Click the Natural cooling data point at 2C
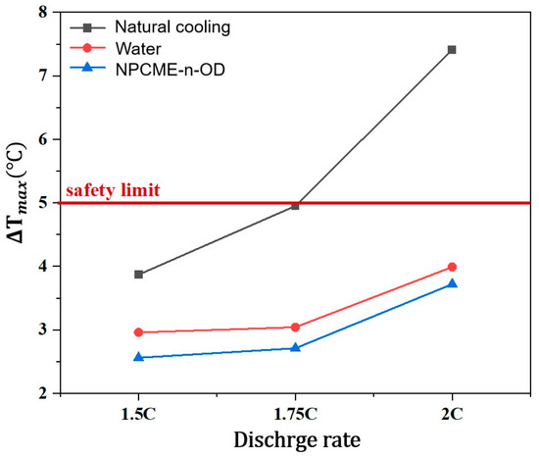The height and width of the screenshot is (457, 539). (452, 49)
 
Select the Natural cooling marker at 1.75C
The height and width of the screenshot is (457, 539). (295, 206)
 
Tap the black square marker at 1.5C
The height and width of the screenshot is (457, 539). (139, 275)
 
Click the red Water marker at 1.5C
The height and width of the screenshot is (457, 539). (139, 332)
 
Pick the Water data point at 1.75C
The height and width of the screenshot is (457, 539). (295, 328)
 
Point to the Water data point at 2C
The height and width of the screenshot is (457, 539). (452, 267)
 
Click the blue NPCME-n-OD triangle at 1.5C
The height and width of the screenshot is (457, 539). (139, 357)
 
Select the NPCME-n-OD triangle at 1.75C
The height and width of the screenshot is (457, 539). (295, 347)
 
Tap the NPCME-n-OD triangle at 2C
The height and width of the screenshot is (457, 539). (452, 283)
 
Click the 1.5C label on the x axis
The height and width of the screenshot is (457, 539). (139, 413)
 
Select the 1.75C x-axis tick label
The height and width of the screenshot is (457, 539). (295, 413)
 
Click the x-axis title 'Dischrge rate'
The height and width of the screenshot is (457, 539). (294, 440)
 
